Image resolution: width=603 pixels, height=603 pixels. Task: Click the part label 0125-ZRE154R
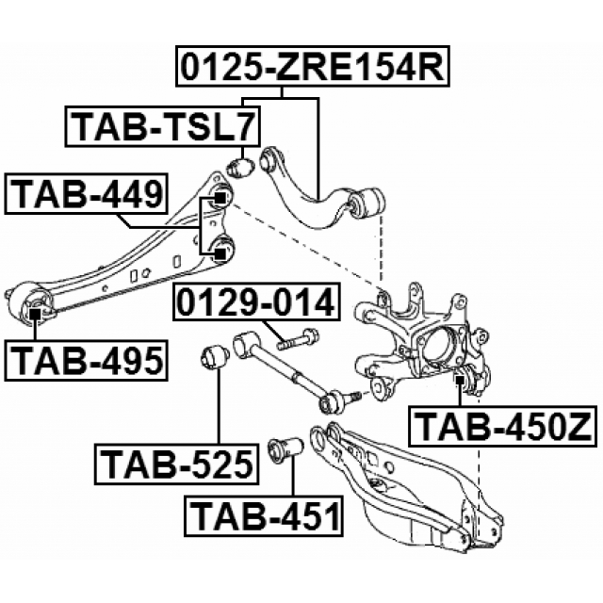(312, 68)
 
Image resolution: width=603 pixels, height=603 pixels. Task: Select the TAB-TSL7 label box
(162, 128)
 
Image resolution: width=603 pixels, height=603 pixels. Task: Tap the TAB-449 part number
(88, 196)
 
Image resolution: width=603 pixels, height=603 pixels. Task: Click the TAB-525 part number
(175, 464)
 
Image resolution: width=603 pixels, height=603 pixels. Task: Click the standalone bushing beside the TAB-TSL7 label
(242, 169)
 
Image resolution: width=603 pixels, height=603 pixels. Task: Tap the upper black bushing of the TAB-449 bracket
(221, 198)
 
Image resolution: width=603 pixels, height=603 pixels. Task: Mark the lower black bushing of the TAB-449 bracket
(222, 251)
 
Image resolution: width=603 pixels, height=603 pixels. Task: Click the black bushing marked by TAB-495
(35, 306)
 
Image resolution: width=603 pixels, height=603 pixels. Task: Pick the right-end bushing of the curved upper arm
(370, 202)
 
